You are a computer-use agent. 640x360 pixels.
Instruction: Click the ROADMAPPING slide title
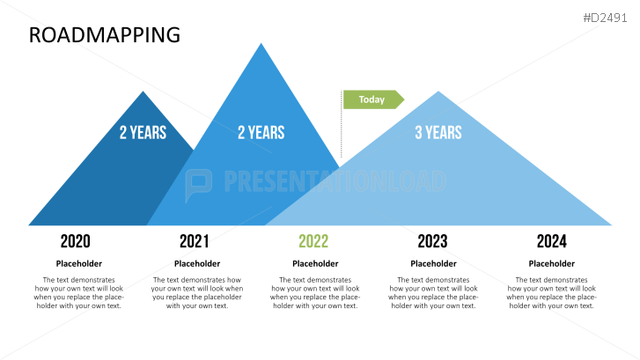point(104,34)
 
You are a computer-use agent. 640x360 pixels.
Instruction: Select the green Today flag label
point(372,99)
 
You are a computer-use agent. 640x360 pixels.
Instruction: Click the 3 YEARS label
point(438,132)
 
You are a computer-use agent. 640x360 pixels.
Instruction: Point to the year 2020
point(76,241)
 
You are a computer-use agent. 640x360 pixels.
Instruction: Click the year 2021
point(195,241)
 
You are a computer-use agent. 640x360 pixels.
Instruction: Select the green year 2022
point(313,241)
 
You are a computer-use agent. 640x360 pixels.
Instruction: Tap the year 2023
point(432,241)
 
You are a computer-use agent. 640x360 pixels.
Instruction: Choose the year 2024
point(551,241)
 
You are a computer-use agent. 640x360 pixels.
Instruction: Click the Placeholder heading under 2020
point(79,263)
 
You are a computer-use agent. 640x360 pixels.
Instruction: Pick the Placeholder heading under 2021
point(197,263)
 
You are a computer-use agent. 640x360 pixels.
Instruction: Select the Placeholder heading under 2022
point(315,263)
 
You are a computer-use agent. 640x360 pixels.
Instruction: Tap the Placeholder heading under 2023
point(433,263)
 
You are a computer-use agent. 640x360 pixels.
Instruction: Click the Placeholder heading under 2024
point(551,263)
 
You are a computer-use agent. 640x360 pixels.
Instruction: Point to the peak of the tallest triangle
point(261,45)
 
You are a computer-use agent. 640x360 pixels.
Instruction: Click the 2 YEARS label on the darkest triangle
point(143,132)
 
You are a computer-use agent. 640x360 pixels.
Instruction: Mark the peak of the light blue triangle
point(438,92)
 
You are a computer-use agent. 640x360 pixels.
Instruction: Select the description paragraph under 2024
point(551,292)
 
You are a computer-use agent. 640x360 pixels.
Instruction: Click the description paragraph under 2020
point(79,292)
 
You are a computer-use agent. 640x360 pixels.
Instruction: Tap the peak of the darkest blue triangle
point(143,92)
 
